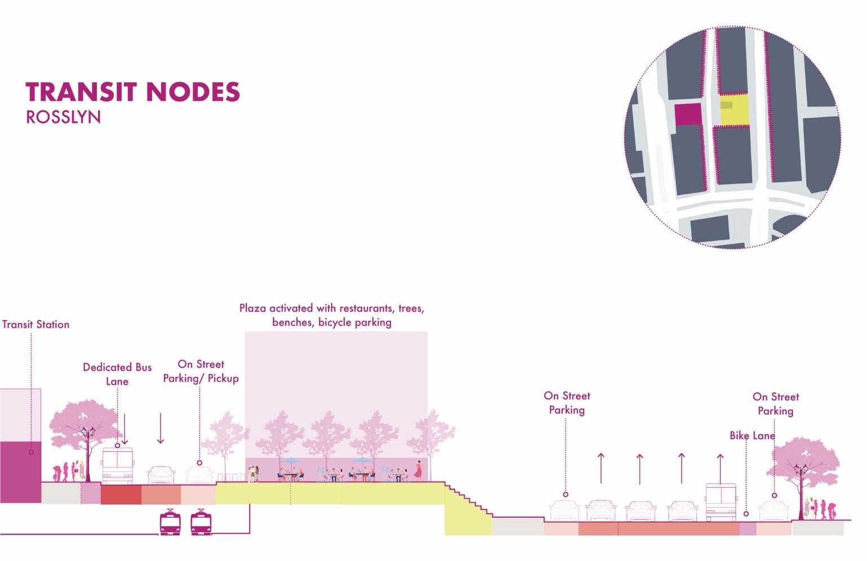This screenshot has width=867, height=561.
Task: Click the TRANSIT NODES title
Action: click(133, 92)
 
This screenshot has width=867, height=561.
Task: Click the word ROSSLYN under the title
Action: click(63, 117)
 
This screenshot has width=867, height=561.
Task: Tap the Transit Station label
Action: click(35, 324)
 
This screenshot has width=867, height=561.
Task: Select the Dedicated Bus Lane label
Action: click(117, 374)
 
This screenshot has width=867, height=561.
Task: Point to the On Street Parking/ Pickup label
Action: click(201, 371)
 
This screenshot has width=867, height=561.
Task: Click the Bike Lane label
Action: click(752, 435)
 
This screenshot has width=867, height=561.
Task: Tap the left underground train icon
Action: click(170, 522)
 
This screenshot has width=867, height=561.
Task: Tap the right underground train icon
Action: click(201, 522)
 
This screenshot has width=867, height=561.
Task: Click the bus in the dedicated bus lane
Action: click(117, 465)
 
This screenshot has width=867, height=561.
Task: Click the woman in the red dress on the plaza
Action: click(419, 470)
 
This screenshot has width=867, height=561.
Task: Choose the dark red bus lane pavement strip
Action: click(121, 494)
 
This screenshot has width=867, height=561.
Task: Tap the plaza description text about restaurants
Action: click(331, 315)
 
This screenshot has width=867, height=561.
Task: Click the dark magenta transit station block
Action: click(20, 472)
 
